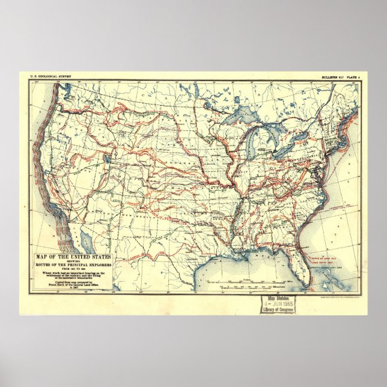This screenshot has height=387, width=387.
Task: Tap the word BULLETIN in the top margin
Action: click(332, 78)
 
